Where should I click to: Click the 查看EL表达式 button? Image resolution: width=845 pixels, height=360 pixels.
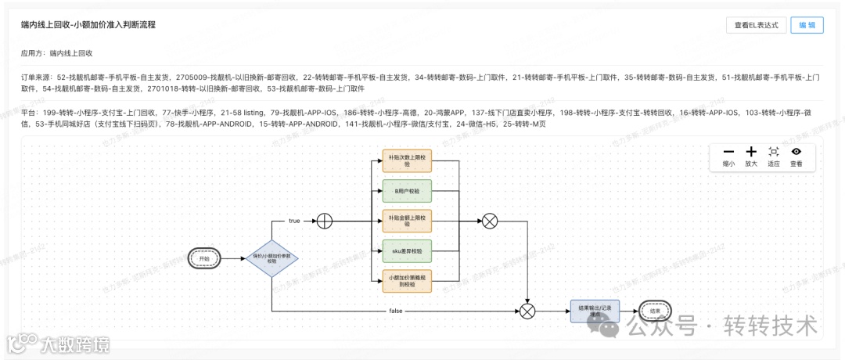click(755, 25)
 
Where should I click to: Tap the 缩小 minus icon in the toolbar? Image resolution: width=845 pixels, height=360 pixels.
click(728, 152)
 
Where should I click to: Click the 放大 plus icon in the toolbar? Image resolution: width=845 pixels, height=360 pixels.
click(751, 152)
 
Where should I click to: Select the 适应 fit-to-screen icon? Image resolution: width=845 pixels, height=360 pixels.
click(774, 152)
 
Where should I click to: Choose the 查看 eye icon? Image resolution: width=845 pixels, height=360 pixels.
click(796, 152)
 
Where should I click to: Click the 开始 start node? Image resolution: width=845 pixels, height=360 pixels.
click(205, 257)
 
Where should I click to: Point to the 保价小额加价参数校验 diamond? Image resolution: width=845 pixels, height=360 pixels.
click(271, 257)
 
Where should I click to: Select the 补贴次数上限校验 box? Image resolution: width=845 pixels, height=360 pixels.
click(408, 162)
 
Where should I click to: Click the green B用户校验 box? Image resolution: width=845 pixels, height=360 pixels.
click(408, 191)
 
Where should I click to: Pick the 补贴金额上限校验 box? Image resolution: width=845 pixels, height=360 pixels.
click(408, 221)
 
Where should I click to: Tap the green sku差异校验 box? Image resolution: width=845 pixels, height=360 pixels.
click(408, 250)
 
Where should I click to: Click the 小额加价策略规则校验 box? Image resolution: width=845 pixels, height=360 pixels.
click(408, 281)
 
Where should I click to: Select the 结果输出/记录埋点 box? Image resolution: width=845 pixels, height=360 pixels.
click(595, 311)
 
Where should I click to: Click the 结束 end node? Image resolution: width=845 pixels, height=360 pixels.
click(655, 311)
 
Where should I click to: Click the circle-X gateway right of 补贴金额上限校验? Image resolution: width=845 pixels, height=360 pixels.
click(490, 221)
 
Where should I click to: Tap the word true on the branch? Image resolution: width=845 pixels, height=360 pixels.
click(294, 221)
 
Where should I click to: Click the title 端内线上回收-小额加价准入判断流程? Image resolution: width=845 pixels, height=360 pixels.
click(88, 25)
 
